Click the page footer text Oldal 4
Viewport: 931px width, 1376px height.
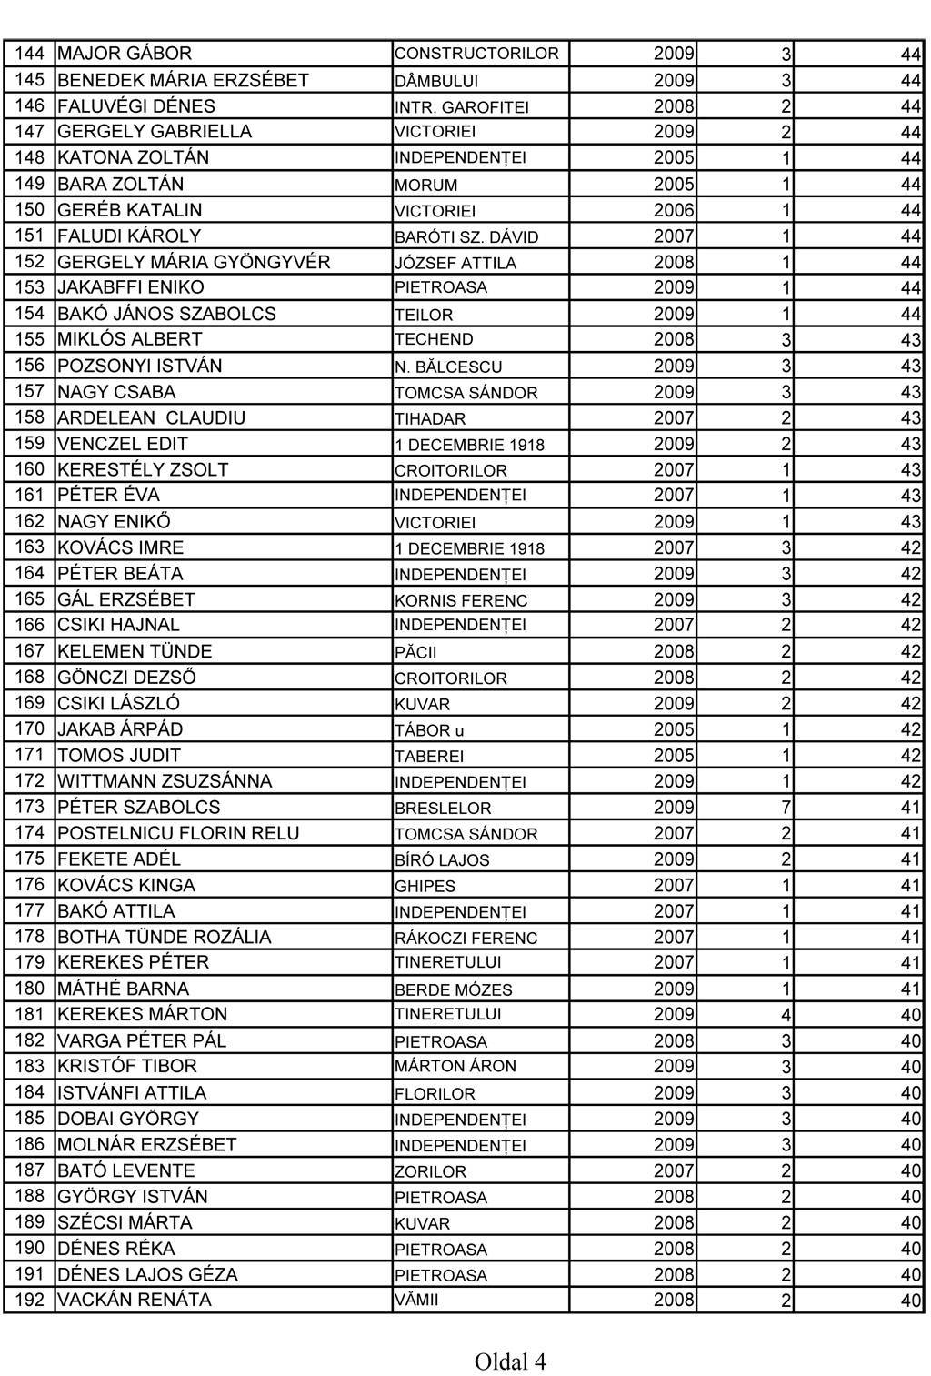pos(509,1361)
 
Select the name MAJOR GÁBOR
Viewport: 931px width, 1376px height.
pos(125,54)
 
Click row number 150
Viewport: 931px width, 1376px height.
pos(30,210)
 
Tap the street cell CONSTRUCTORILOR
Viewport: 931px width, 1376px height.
pos(476,54)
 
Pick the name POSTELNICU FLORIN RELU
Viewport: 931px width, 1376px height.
pos(178,833)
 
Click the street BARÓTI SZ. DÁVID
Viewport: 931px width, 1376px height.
pos(466,237)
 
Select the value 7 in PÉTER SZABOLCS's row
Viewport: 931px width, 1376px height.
pos(786,808)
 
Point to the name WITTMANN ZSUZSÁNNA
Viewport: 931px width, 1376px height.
pos(165,781)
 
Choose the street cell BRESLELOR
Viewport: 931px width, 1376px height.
pos(443,809)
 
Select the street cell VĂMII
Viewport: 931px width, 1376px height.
pos(416,1301)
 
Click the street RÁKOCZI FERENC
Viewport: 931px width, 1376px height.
pos(466,938)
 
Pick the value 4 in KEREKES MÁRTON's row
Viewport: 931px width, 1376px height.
pos(786,1015)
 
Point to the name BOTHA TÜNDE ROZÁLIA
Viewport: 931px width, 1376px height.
pos(165,937)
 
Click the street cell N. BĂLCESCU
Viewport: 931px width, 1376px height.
pos(448,367)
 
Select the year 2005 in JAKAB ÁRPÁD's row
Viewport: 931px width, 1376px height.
pos(674,729)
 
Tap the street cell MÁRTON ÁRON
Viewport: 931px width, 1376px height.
pos(455,1066)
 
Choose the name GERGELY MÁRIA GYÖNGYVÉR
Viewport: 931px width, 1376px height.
pos(194,263)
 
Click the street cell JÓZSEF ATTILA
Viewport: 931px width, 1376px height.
pos(455,264)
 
